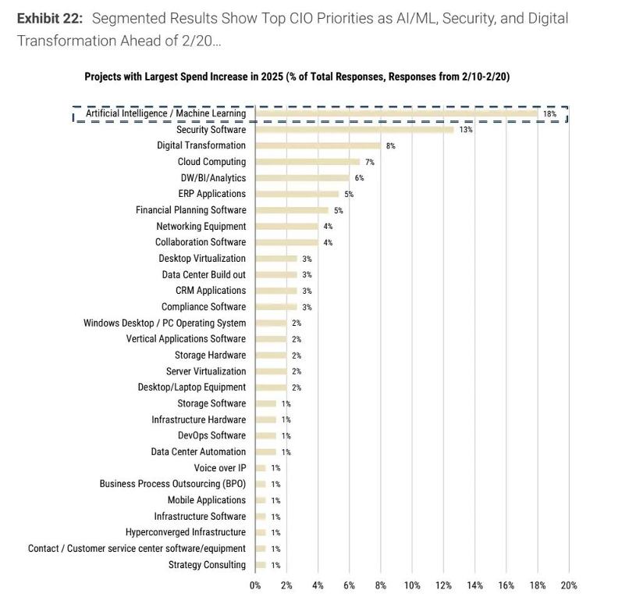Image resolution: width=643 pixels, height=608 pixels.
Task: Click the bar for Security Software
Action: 354,130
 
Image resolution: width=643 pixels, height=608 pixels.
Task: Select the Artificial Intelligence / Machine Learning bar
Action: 396,113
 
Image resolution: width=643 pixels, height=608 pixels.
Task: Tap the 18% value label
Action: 549,114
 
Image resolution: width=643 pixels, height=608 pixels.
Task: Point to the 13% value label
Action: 465,130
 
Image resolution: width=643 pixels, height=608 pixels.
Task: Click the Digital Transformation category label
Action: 201,145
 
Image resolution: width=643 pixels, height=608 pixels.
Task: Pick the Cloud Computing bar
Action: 307,162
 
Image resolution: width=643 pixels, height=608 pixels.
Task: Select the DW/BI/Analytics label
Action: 213,178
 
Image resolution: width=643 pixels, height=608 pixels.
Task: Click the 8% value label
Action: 390,146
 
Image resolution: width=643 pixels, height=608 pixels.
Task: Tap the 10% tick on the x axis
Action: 412,585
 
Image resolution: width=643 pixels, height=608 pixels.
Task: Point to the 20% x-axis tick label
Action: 568,585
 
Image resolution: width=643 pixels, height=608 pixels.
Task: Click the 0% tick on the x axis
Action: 255,585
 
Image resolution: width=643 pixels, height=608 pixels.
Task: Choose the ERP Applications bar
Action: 297,194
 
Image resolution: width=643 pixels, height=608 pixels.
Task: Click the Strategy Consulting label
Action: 207,565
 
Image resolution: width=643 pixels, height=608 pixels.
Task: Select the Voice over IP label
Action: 220,468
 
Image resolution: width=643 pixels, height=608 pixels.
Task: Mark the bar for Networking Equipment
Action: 286,227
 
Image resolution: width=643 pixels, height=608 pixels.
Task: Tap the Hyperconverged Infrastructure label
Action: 186,532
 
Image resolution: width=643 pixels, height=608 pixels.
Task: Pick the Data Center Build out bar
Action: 276,275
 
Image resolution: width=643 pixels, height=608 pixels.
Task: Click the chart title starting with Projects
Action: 297,77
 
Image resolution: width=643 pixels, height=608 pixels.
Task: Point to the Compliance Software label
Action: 204,307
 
